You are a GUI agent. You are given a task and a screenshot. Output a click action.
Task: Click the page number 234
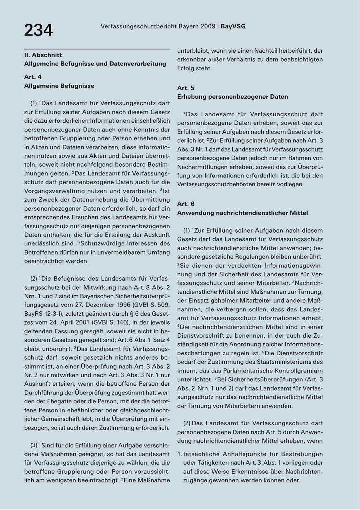coord(38,30)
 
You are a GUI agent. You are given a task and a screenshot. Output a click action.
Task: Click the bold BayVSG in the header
coord(233,26)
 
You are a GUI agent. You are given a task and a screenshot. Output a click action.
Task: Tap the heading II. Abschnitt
coord(43,55)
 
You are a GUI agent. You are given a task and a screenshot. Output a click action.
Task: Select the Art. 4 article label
coord(33,77)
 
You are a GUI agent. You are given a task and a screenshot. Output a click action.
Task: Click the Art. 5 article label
coord(186,88)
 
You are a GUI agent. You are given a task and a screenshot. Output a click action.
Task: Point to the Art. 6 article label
coord(186,204)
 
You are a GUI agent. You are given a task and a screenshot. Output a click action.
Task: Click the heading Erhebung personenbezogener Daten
coord(232,97)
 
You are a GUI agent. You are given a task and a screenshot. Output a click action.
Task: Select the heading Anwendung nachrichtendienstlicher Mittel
coord(242,213)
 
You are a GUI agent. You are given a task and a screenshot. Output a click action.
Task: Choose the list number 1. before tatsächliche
coord(180,454)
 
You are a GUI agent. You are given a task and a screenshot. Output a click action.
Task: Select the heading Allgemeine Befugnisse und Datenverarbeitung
coord(95,64)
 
